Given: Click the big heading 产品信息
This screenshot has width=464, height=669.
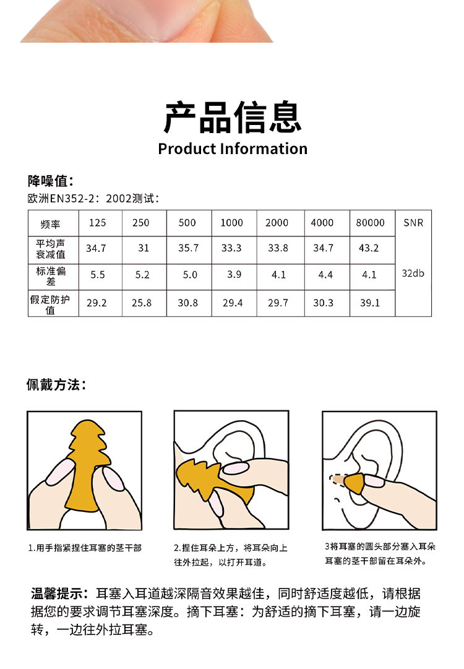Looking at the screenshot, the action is pyautogui.click(x=233, y=118).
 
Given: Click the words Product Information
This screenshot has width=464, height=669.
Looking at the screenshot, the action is pyautogui.click(x=233, y=149).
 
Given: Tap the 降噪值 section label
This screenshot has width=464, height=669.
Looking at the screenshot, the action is pyautogui.click(x=51, y=181).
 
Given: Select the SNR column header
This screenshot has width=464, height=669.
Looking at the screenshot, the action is pyautogui.click(x=413, y=223).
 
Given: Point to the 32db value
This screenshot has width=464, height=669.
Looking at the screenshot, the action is pyautogui.click(x=413, y=273).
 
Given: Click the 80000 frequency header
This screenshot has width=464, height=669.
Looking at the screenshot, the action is pyautogui.click(x=370, y=223).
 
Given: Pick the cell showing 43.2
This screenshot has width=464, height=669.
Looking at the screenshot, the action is pyautogui.click(x=369, y=248).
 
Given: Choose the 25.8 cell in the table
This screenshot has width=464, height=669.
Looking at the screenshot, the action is pyautogui.click(x=142, y=303).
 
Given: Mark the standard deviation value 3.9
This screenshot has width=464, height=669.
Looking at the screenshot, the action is pyautogui.click(x=234, y=274).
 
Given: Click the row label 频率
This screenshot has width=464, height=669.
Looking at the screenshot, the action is pyautogui.click(x=50, y=224).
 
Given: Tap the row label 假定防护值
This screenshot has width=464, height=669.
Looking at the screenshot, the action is pyautogui.click(x=50, y=304).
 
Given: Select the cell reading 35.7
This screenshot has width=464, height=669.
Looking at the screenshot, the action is pyautogui.click(x=189, y=248).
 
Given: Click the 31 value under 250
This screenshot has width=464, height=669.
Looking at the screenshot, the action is pyautogui.click(x=144, y=248).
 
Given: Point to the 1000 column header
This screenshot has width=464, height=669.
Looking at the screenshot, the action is pyautogui.click(x=231, y=223).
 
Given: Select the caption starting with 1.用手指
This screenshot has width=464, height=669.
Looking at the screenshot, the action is pyautogui.click(x=85, y=548).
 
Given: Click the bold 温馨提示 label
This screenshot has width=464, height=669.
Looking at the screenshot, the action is pyautogui.click(x=60, y=593).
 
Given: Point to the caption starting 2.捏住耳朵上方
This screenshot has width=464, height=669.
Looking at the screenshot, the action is pyautogui.click(x=231, y=555).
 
